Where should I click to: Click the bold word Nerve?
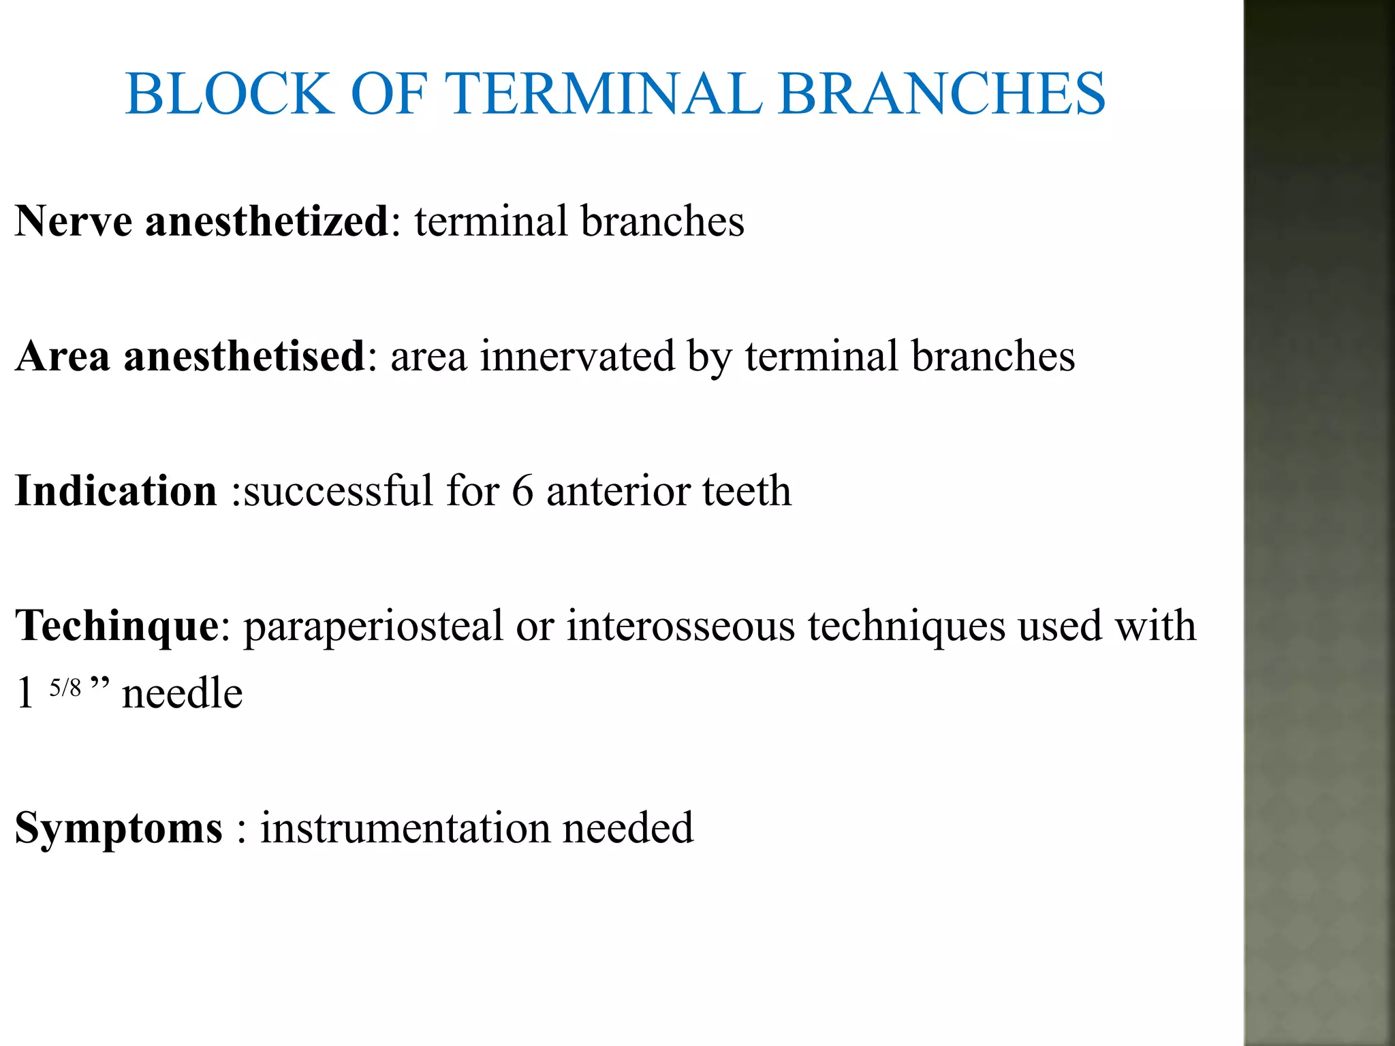tap(74, 221)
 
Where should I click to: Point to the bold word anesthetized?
tap(266, 221)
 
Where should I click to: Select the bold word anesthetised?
tap(245, 356)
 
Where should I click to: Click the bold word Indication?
tap(116, 491)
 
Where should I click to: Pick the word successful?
tap(338, 491)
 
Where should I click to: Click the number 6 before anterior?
tap(522, 491)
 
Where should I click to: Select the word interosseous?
tap(680, 626)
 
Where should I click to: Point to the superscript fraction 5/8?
tap(65, 688)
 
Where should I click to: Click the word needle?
tap(182, 694)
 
